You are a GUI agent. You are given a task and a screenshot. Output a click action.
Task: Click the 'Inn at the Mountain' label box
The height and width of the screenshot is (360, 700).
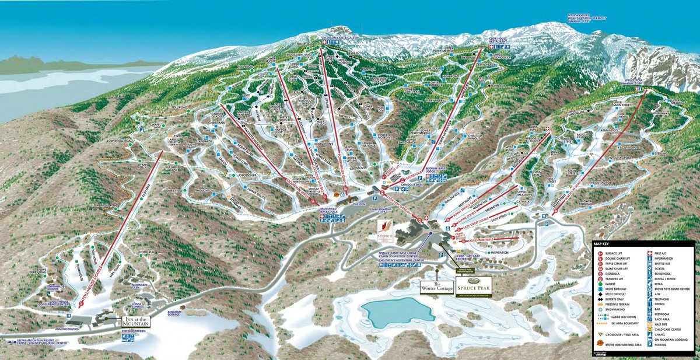click(136, 321)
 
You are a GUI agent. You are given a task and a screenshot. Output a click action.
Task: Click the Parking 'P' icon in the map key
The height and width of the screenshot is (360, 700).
click(650, 345)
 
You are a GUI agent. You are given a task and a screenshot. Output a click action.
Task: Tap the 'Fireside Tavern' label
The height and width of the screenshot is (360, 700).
click(133, 331)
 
